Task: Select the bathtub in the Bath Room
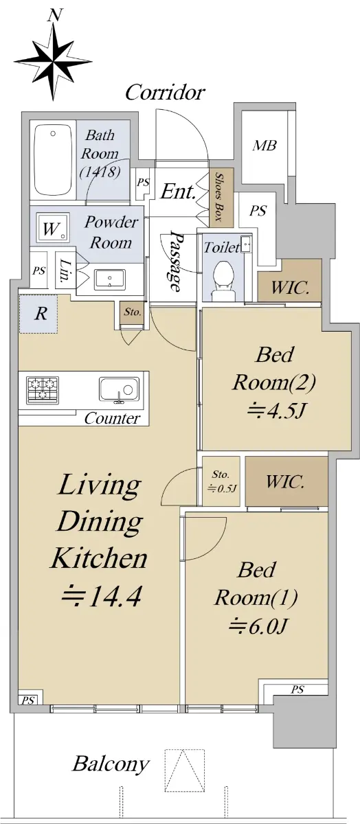[53, 161]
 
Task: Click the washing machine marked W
[52, 228]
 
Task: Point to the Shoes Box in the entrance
[221, 197]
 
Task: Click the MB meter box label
[264, 146]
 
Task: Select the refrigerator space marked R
[38, 314]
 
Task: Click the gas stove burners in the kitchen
[43, 389]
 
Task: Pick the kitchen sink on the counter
[119, 391]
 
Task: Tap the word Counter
[112, 418]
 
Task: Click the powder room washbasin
[110, 279]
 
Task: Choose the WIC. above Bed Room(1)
[286, 481]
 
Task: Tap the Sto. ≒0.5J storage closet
[221, 481]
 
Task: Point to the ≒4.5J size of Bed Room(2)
[275, 411]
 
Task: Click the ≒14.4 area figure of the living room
[102, 596]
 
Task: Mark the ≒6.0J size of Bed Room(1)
[257, 626]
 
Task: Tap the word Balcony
[111, 765]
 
